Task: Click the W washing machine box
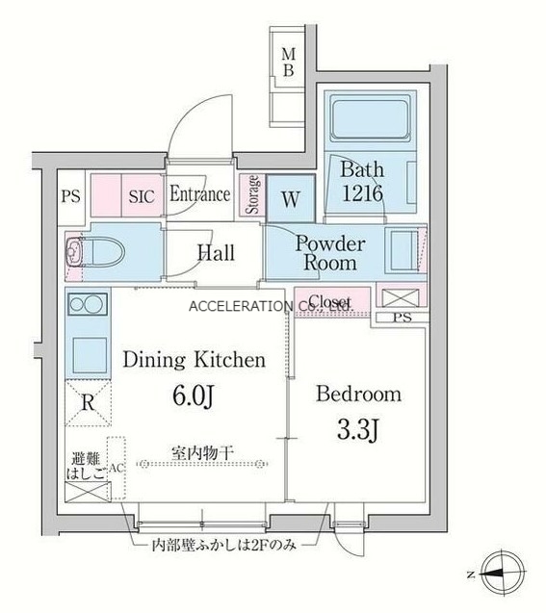pyautogui.click(x=289, y=199)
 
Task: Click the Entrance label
pyautogui.click(x=199, y=194)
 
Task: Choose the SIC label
pyautogui.click(x=142, y=195)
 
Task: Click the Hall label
pyautogui.click(x=216, y=253)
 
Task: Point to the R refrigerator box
pyautogui.click(x=87, y=403)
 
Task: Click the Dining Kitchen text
pyautogui.click(x=194, y=362)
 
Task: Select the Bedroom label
pyautogui.click(x=358, y=395)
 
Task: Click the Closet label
pyautogui.click(x=329, y=302)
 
